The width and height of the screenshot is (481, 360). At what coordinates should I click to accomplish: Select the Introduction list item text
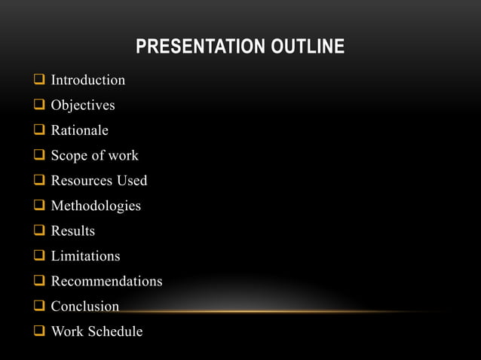[x=87, y=80]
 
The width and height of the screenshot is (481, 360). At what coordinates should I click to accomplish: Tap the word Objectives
[x=83, y=105]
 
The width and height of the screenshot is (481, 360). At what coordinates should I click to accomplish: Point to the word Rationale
[x=79, y=130]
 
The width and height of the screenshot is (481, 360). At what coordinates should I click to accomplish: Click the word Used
[x=132, y=181]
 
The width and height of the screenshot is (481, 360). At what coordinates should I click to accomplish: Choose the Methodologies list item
[x=96, y=206]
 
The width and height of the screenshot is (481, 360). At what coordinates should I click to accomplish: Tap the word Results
[x=72, y=231]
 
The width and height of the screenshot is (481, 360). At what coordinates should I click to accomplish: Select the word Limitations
[x=85, y=256]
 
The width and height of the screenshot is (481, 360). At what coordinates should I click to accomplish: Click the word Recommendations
[x=106, y=281]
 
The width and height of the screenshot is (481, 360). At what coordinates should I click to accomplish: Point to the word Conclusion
[x=84, y=307]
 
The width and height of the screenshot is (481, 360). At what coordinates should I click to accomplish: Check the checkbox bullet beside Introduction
[x=38, y=80]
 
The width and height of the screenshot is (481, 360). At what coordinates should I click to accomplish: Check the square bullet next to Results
[x=38, y=231]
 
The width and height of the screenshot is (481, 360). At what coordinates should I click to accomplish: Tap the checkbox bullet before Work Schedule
[x=38, y=331]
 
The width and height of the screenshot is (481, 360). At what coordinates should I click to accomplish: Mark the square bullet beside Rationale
[x=38, y=130]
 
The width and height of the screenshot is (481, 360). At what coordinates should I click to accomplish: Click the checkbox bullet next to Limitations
[x=38, y=256]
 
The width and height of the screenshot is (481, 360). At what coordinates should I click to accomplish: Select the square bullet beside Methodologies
[x=38, y=206]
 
